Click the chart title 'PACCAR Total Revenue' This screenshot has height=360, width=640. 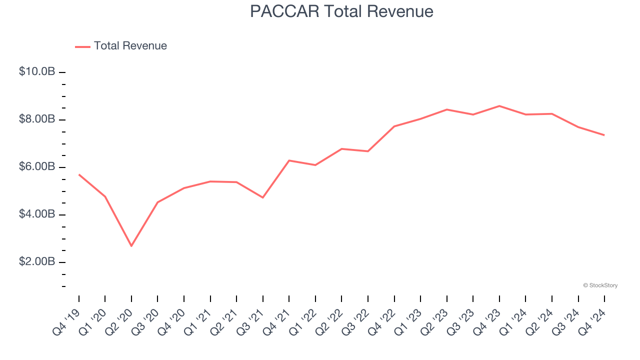point(341,11)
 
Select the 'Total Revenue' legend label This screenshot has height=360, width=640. point(130,46)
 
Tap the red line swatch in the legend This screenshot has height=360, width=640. point(82,46)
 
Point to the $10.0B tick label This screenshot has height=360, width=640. point(37,71)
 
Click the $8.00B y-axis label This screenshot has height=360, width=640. point(37,119)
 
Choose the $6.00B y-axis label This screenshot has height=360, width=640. point(37,166)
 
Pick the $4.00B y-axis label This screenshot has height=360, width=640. point(37,214)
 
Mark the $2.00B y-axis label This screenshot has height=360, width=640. point(37,261)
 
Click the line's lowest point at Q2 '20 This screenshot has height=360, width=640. point(131,246)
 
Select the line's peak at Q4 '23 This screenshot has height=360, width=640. point(499,106)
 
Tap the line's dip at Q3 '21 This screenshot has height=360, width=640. point(263,197)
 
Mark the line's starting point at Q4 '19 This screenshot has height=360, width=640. point(79,174)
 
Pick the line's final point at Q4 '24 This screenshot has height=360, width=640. point(604,135)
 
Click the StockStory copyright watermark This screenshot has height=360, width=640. point(600,285)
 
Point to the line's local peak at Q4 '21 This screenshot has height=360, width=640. point(289,160)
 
